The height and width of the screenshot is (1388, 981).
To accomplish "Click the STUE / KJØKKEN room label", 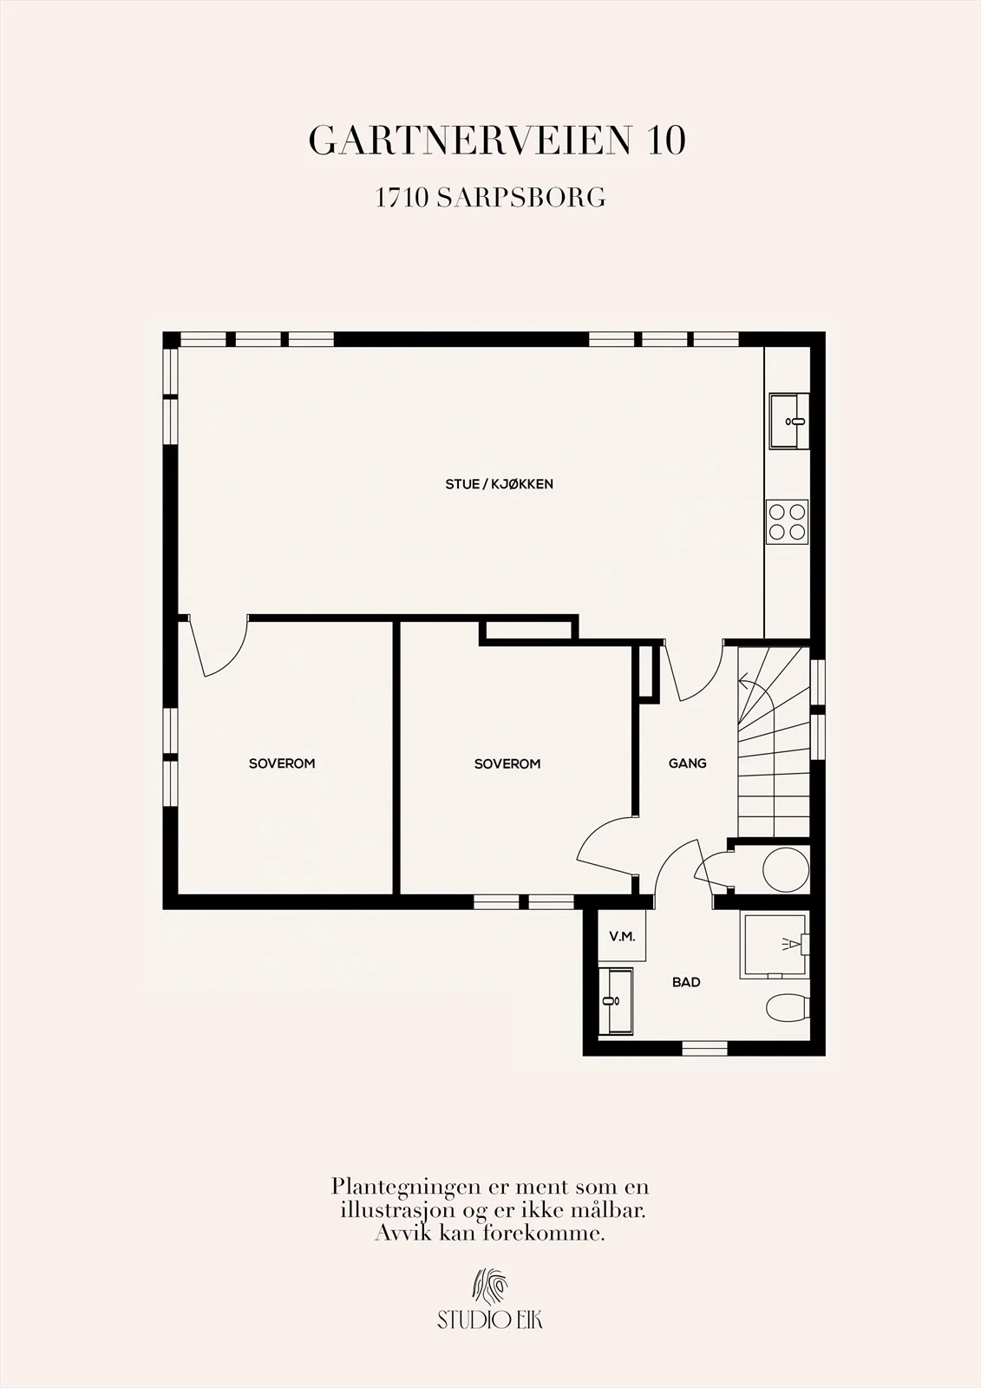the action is coord(499,484).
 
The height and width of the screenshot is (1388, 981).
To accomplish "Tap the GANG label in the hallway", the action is coord(687,763).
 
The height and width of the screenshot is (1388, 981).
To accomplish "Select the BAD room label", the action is coord(686,982).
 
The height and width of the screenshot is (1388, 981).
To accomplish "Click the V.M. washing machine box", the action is coord(622,936).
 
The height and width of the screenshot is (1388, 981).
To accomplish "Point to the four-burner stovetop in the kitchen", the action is coord(787,521).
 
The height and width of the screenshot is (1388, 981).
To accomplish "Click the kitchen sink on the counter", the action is coord(789,421).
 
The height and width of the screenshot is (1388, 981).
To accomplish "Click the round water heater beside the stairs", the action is coord(786,868).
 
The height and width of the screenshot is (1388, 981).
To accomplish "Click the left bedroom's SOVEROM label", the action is coord(282,763).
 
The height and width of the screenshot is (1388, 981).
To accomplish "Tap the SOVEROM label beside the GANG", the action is coord(507,764).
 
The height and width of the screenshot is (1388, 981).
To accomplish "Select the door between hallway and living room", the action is coord(693,672).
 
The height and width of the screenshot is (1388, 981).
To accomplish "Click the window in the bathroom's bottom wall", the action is coord(704,1049).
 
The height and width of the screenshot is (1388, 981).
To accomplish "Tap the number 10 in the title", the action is coord(666,141).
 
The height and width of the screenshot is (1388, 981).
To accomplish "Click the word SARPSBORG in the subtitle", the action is coord(521,199).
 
